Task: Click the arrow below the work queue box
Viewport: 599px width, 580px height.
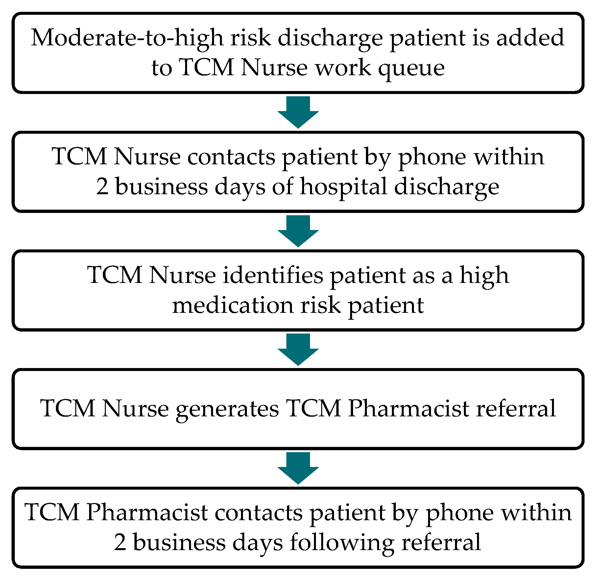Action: (x=298, y=112)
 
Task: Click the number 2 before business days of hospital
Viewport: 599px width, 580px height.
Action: (x=102, y=187)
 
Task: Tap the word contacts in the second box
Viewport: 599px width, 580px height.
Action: (x=231, y=157)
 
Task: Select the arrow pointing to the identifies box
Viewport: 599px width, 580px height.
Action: (x=298, y=231)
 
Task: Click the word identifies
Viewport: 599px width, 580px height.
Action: (x=273, y=275)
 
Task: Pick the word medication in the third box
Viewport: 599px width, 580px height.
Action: (x=232, y=305)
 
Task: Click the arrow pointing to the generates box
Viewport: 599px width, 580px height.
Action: (x=298, y=349)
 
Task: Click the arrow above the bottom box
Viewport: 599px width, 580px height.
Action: (x=298, y=468)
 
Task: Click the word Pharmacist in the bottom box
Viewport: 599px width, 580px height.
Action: (x=147, y=512)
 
